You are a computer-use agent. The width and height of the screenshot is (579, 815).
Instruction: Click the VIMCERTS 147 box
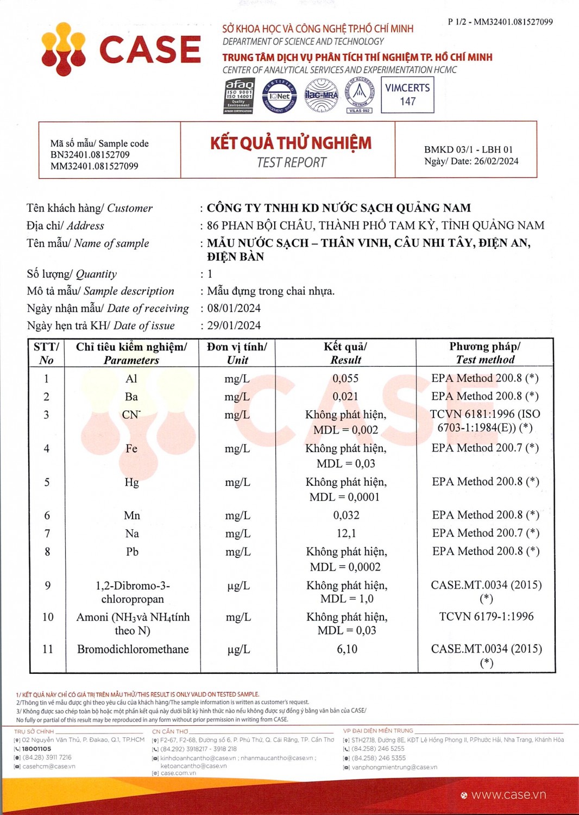[x=407, y=95]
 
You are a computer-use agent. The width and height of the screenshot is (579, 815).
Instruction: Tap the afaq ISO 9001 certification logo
[x=239, y=96]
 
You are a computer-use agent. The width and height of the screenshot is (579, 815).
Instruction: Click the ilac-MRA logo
[x=321, y=95]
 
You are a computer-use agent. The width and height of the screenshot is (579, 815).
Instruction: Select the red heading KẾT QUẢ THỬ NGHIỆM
[x=291, y=143]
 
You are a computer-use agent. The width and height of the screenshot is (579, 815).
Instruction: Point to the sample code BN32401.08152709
[x=90, y=155]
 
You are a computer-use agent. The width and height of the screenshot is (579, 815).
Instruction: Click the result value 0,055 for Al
[x=345, y=379]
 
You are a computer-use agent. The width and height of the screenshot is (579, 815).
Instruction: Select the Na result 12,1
[x=346, y=534]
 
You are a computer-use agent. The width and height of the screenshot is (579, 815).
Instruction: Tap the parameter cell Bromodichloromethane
[x=133, y=649]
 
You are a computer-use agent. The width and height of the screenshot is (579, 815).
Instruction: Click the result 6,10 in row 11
[x=347, y=649]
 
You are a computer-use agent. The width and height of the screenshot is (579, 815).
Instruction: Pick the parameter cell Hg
[x=131, y=482]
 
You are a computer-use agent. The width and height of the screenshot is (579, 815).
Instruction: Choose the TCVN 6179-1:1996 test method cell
[x=486, y=617]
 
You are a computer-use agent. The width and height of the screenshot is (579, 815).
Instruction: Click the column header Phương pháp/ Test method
[x=485, y=353]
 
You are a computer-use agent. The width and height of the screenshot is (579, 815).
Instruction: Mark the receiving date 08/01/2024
[x=234, y=309]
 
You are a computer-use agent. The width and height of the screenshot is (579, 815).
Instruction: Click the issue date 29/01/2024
[x=234, y=325]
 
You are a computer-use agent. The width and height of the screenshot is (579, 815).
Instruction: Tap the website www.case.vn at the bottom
[x=508, y=795]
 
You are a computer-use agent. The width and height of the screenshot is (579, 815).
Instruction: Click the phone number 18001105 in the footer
[x=36, y=749]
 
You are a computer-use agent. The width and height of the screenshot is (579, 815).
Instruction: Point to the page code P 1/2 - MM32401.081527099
[x=500, y=22]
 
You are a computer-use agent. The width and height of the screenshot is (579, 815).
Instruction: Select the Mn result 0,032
[x=346, y=515]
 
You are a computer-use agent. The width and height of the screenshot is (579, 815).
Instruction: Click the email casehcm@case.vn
[x=49, y=767]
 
